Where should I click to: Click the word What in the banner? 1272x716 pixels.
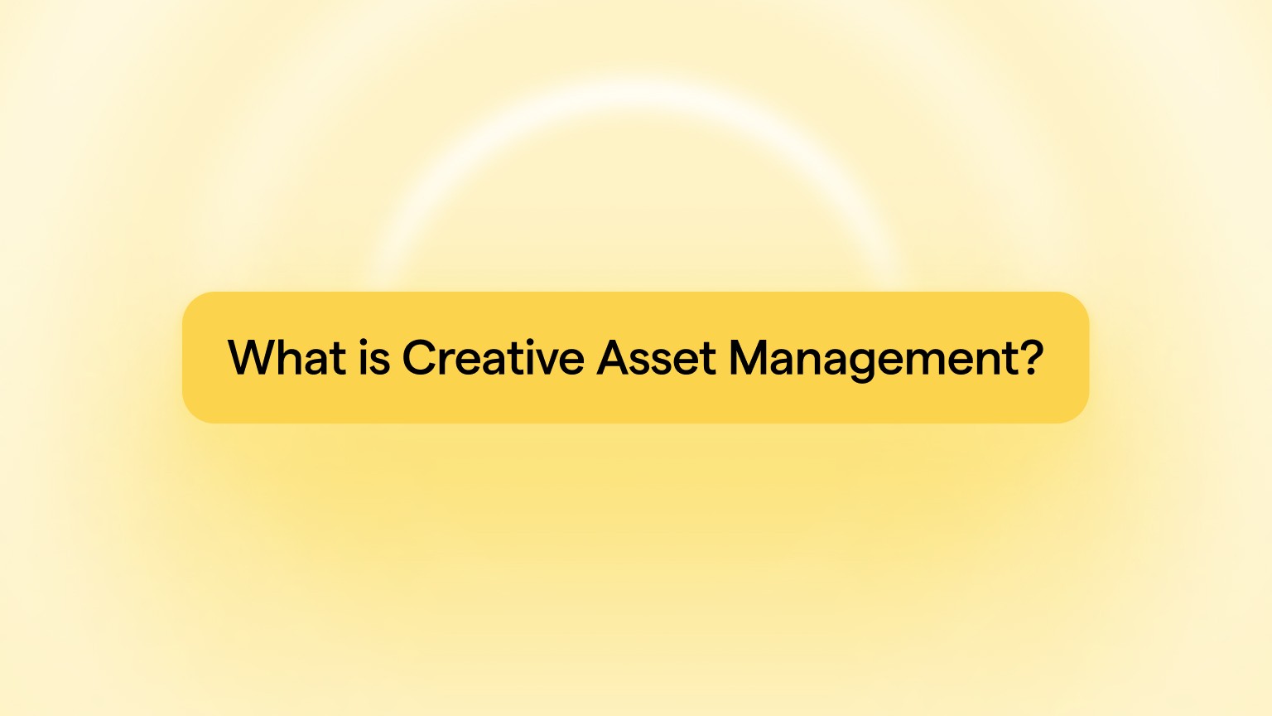pos(287,357)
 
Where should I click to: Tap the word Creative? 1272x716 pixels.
pos(494,357)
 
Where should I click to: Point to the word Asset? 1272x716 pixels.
pos(657,357)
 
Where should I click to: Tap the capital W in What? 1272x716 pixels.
pos(251,357)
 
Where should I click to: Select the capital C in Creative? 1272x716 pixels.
pos(420,357)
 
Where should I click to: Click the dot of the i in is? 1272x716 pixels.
pos(364,341)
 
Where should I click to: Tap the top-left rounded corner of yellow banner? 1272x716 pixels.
pos(191,301)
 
